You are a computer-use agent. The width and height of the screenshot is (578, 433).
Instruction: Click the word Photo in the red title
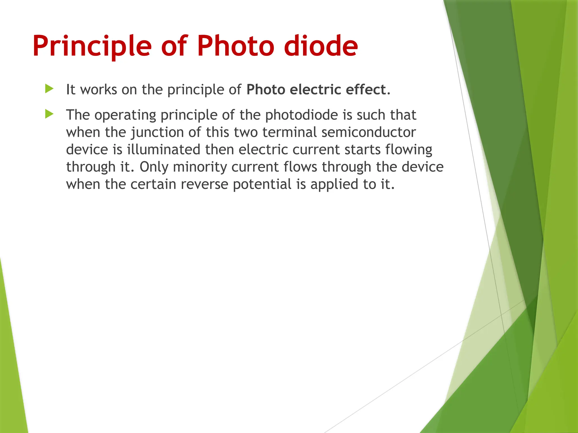pyautogui.click(x=235, y=46)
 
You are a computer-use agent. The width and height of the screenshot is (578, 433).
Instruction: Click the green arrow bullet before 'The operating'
pyautogui.click(x=49, y=114)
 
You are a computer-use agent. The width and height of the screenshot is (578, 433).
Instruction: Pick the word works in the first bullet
pyautogui.click(x=98, y=90)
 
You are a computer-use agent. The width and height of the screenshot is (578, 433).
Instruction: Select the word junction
pyautogui.click(x=157, y=132)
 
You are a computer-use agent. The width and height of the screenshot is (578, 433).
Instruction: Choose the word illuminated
pyautogui.click(x=163, y=149)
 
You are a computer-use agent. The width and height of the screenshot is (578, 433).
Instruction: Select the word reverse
pyautogui.click(x=204, y=184)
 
